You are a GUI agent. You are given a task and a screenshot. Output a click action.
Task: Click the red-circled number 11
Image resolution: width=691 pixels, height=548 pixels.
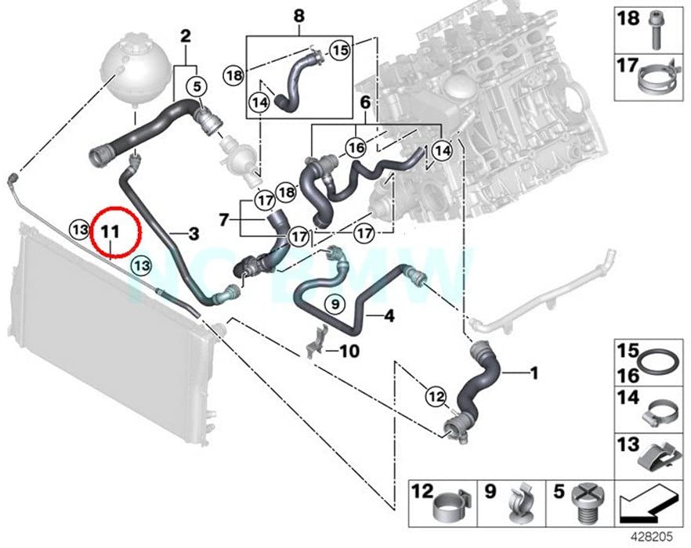pyautogui.click(x=110, y=232)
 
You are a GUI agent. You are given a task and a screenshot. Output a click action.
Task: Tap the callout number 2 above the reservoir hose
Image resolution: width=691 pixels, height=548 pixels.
pyautogui.click(x=186, y=35)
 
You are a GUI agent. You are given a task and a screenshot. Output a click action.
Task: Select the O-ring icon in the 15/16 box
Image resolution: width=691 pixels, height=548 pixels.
pyautogui.click(x=659, y=362)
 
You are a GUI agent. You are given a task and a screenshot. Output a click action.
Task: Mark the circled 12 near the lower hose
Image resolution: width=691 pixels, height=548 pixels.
pyautogui.click(x=436, y=395)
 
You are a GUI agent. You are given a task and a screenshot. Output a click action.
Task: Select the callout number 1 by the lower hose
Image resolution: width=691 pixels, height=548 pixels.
pyautogui.click(x=534, y=374)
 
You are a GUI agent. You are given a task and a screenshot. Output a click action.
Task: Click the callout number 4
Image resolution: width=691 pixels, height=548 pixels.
pyautogui.click(x=390, y=316)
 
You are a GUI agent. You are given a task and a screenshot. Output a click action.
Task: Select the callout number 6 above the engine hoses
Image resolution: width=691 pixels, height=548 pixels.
pyautogui.click(x=364, y=103)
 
